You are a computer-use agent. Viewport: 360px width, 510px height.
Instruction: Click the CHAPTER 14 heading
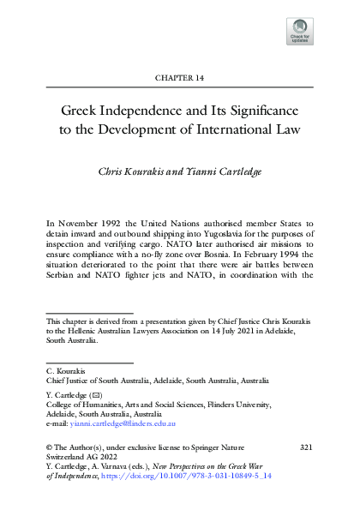click(179, 78)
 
